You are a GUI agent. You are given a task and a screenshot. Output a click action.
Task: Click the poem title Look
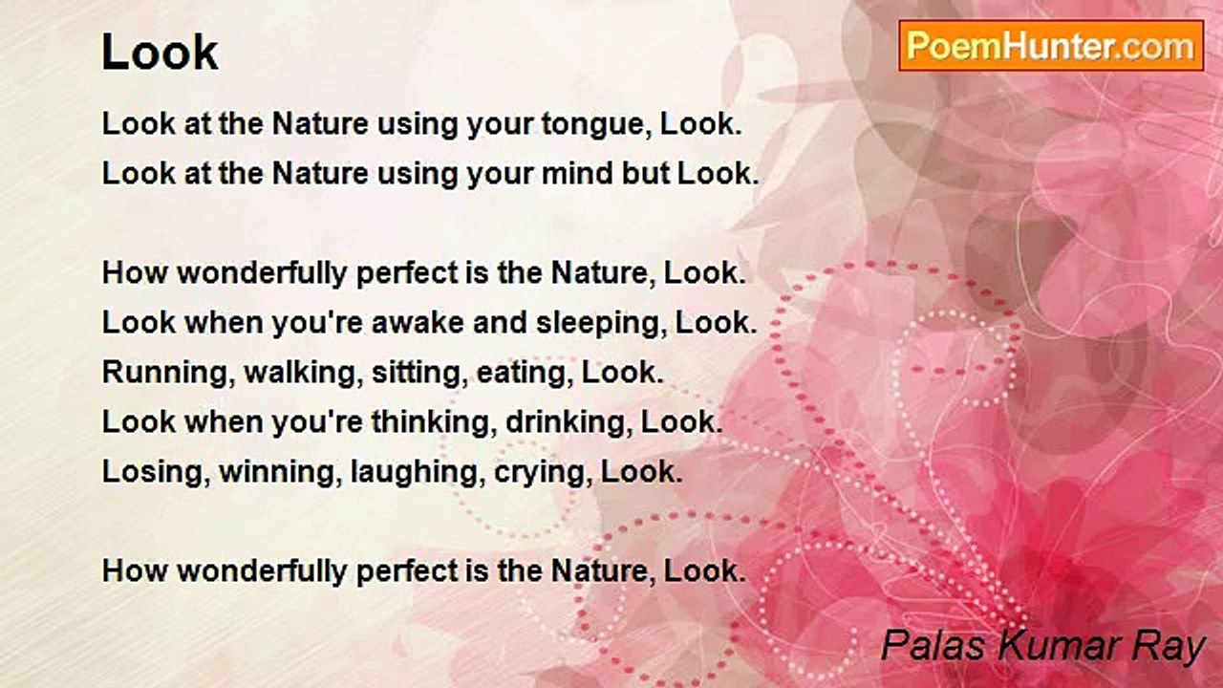click(160, 53)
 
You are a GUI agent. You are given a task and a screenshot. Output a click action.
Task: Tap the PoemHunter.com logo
click(1051, 46)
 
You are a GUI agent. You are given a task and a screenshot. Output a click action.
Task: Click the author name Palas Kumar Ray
click(1043, 647)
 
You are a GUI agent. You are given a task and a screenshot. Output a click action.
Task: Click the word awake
click(418, 322)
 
